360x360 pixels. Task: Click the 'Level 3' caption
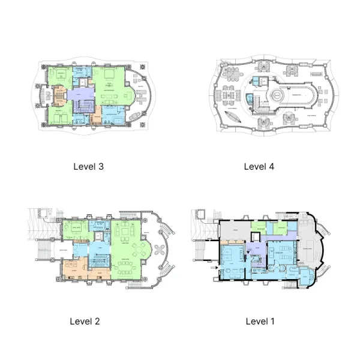click(x=88, y=167)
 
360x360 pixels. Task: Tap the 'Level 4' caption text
click(x=259, y=167)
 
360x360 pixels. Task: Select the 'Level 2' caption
click(x=85, y=321)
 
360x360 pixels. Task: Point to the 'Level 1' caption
click(x=260, y=321)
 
